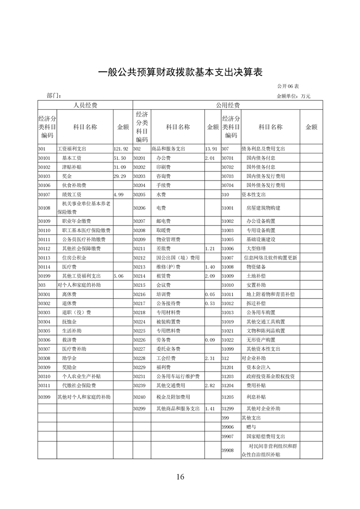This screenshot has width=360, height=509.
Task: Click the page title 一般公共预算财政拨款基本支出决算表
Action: point(180,72)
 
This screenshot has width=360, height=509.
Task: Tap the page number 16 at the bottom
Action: point(180,476)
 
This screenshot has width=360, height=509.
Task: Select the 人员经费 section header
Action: point(85,105)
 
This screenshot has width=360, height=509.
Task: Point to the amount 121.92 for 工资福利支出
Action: point(121,149)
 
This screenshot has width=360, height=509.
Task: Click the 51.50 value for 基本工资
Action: point(119,158)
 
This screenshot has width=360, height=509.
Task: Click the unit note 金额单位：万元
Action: point(293,96)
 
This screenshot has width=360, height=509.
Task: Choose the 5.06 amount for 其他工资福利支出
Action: point(119,276)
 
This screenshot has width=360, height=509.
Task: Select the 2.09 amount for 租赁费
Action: point(210,276)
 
